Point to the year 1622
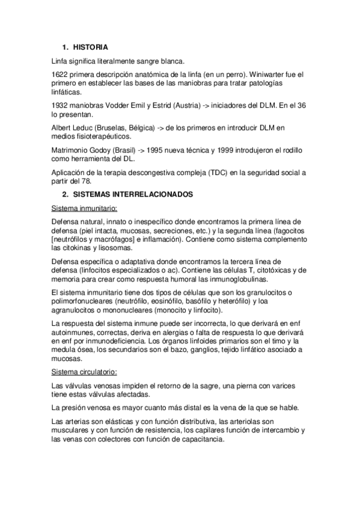click(60, 74)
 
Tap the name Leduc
click(86, 127)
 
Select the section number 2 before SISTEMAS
click(64, 195)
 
